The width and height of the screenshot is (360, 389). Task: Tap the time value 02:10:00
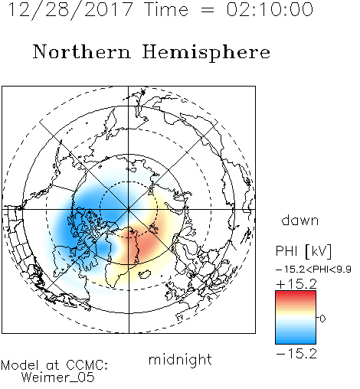coord(270,9)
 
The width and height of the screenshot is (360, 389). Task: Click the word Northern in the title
coord(82,51)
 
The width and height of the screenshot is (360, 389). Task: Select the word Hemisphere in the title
coord(206,53)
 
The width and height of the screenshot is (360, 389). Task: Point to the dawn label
coord(300,220)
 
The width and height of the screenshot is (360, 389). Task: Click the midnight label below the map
coord(180,360)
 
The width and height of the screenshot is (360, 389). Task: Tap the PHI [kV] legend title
coord(303,251)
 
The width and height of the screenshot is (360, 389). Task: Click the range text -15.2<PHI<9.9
coord(313,270)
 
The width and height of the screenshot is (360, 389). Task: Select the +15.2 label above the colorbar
coord(296,284)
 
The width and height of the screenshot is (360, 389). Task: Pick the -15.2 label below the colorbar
coord(296,354)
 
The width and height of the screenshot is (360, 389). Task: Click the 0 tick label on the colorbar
coord(322,319)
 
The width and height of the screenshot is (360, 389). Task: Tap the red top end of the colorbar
coord(296,293)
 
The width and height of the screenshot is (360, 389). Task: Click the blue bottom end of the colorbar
coord(296,341)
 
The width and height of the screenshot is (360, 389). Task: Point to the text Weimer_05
coord(58,377)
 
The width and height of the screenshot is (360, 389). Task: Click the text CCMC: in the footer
coord(87,365)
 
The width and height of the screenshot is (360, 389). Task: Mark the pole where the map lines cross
coord(129,209)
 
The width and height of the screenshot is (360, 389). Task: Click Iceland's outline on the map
coord(145,273)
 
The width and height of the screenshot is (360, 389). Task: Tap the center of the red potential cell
coord(143,244)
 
